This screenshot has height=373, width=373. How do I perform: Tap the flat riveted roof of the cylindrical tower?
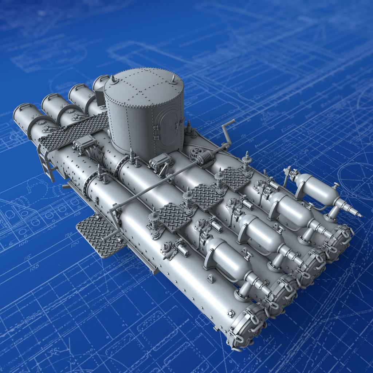pos(144,86)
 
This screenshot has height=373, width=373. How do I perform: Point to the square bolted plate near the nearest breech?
pos(231,314)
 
